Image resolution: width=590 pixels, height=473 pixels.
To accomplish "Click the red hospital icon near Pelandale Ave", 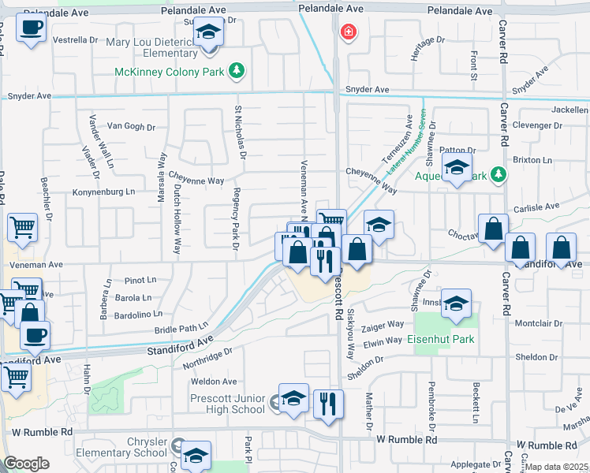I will coord(346,32).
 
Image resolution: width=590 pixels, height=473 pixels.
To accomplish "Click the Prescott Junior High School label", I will coord(228,404).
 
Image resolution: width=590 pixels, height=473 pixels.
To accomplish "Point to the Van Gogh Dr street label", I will coord(131,126).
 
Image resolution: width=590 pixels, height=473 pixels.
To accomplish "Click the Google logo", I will coord(26,464).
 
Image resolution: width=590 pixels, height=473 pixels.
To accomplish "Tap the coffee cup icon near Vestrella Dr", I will coord(31,28).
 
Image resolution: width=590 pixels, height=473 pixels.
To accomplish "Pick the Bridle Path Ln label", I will coord(181,326).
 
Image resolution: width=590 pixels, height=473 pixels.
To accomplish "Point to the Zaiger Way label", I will coord(383,324).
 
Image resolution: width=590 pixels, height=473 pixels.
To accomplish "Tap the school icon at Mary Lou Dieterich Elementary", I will coord(209,33).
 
